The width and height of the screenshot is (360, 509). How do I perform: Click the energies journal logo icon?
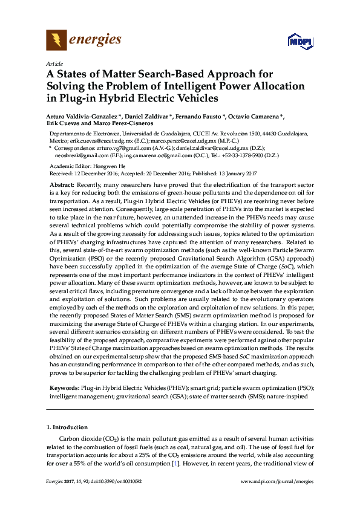point(56,41)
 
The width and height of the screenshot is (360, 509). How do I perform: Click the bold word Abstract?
point(61,184)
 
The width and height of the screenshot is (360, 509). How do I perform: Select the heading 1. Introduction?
point(68,427)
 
